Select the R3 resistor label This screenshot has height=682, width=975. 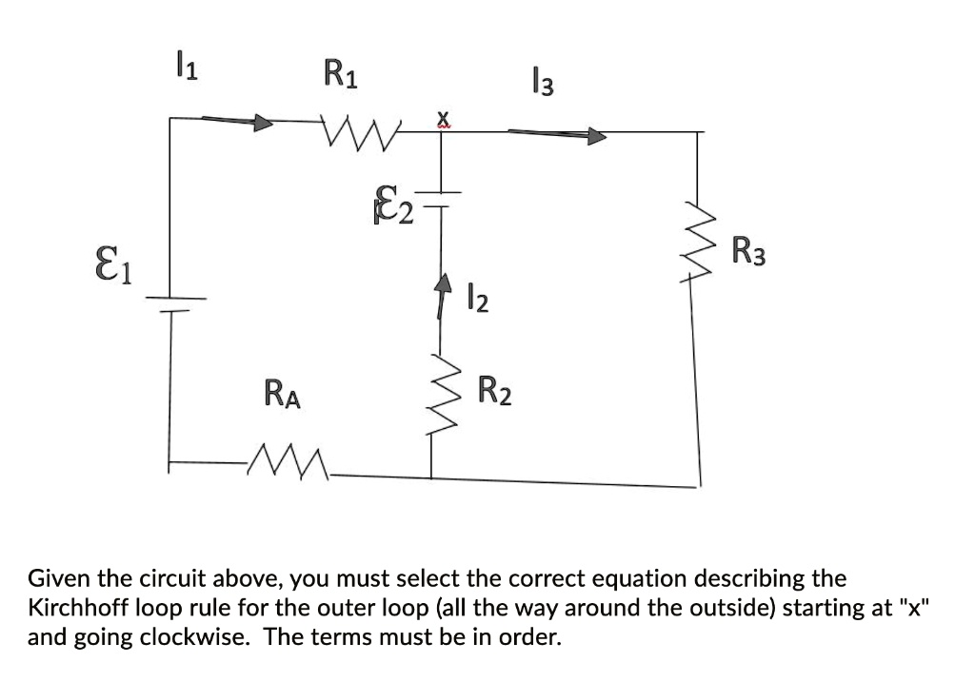tap(748, 254)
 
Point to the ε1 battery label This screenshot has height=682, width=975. tap(117, 261)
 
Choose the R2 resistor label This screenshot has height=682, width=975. tap(494, 391)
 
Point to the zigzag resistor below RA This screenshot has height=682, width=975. tap(287, 466)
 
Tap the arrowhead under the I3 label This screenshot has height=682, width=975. tap(595, 137)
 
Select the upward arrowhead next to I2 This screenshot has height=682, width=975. tap(442, 283)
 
